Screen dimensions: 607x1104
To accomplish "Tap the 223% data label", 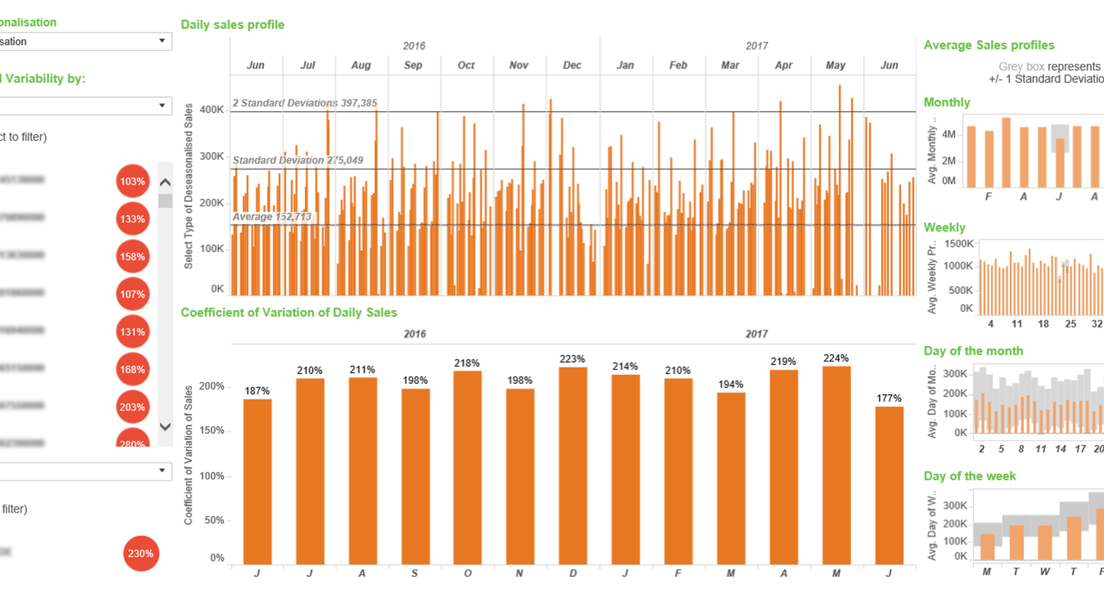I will pyautogui.click(x=572, y=359).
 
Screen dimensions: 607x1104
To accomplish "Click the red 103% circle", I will pyautogui.click(x=132, y=181).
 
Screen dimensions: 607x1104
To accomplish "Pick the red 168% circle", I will pyautogui.click(x=132, y=369).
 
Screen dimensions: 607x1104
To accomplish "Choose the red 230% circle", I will pyautogui.click(x=141, y=553).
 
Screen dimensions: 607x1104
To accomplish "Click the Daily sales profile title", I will pyautogui.click(x=232, y=25).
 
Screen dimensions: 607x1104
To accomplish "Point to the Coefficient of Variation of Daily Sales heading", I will pyautogui.click(x=289, y=313).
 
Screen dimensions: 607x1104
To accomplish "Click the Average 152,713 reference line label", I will pyautogui.click(x=272, y=217).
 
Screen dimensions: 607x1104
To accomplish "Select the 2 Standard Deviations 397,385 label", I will pyautogui.click(x=305, y=103).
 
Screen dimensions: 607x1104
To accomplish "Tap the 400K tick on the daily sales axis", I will pyautogui.click(x=211, y=110).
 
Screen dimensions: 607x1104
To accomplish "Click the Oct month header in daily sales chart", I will pyautogui.click(x=466, y=65).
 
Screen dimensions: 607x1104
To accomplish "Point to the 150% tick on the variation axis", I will pyautogui.click(x=211, y=430).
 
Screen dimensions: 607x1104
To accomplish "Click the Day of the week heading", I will pyautogui.click(x=969, y=476).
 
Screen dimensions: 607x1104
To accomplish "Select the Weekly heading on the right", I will pyautogui.click(x=944, y=227).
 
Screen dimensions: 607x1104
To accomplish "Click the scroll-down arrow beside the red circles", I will pyautogui.click(x=165, y=427).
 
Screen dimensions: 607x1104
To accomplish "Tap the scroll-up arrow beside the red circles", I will pyautogui.click(x=165, y=182).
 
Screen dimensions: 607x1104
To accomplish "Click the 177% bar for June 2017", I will pyautogui.click(x=889, y=486).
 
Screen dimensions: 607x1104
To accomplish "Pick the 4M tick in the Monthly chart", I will pyautogui.click(x=948, y=135).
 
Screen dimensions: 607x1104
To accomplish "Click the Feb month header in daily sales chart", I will pyautogui.click(x=678, y=65).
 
